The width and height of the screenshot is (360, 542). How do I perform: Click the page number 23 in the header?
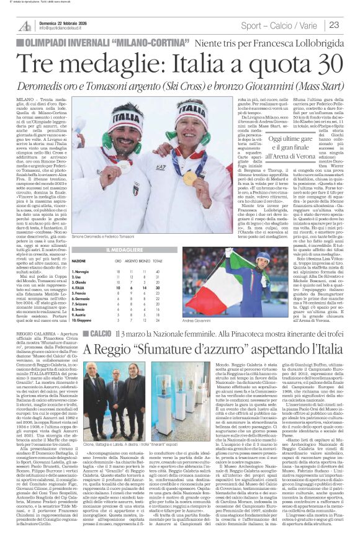(x=349, y=25)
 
